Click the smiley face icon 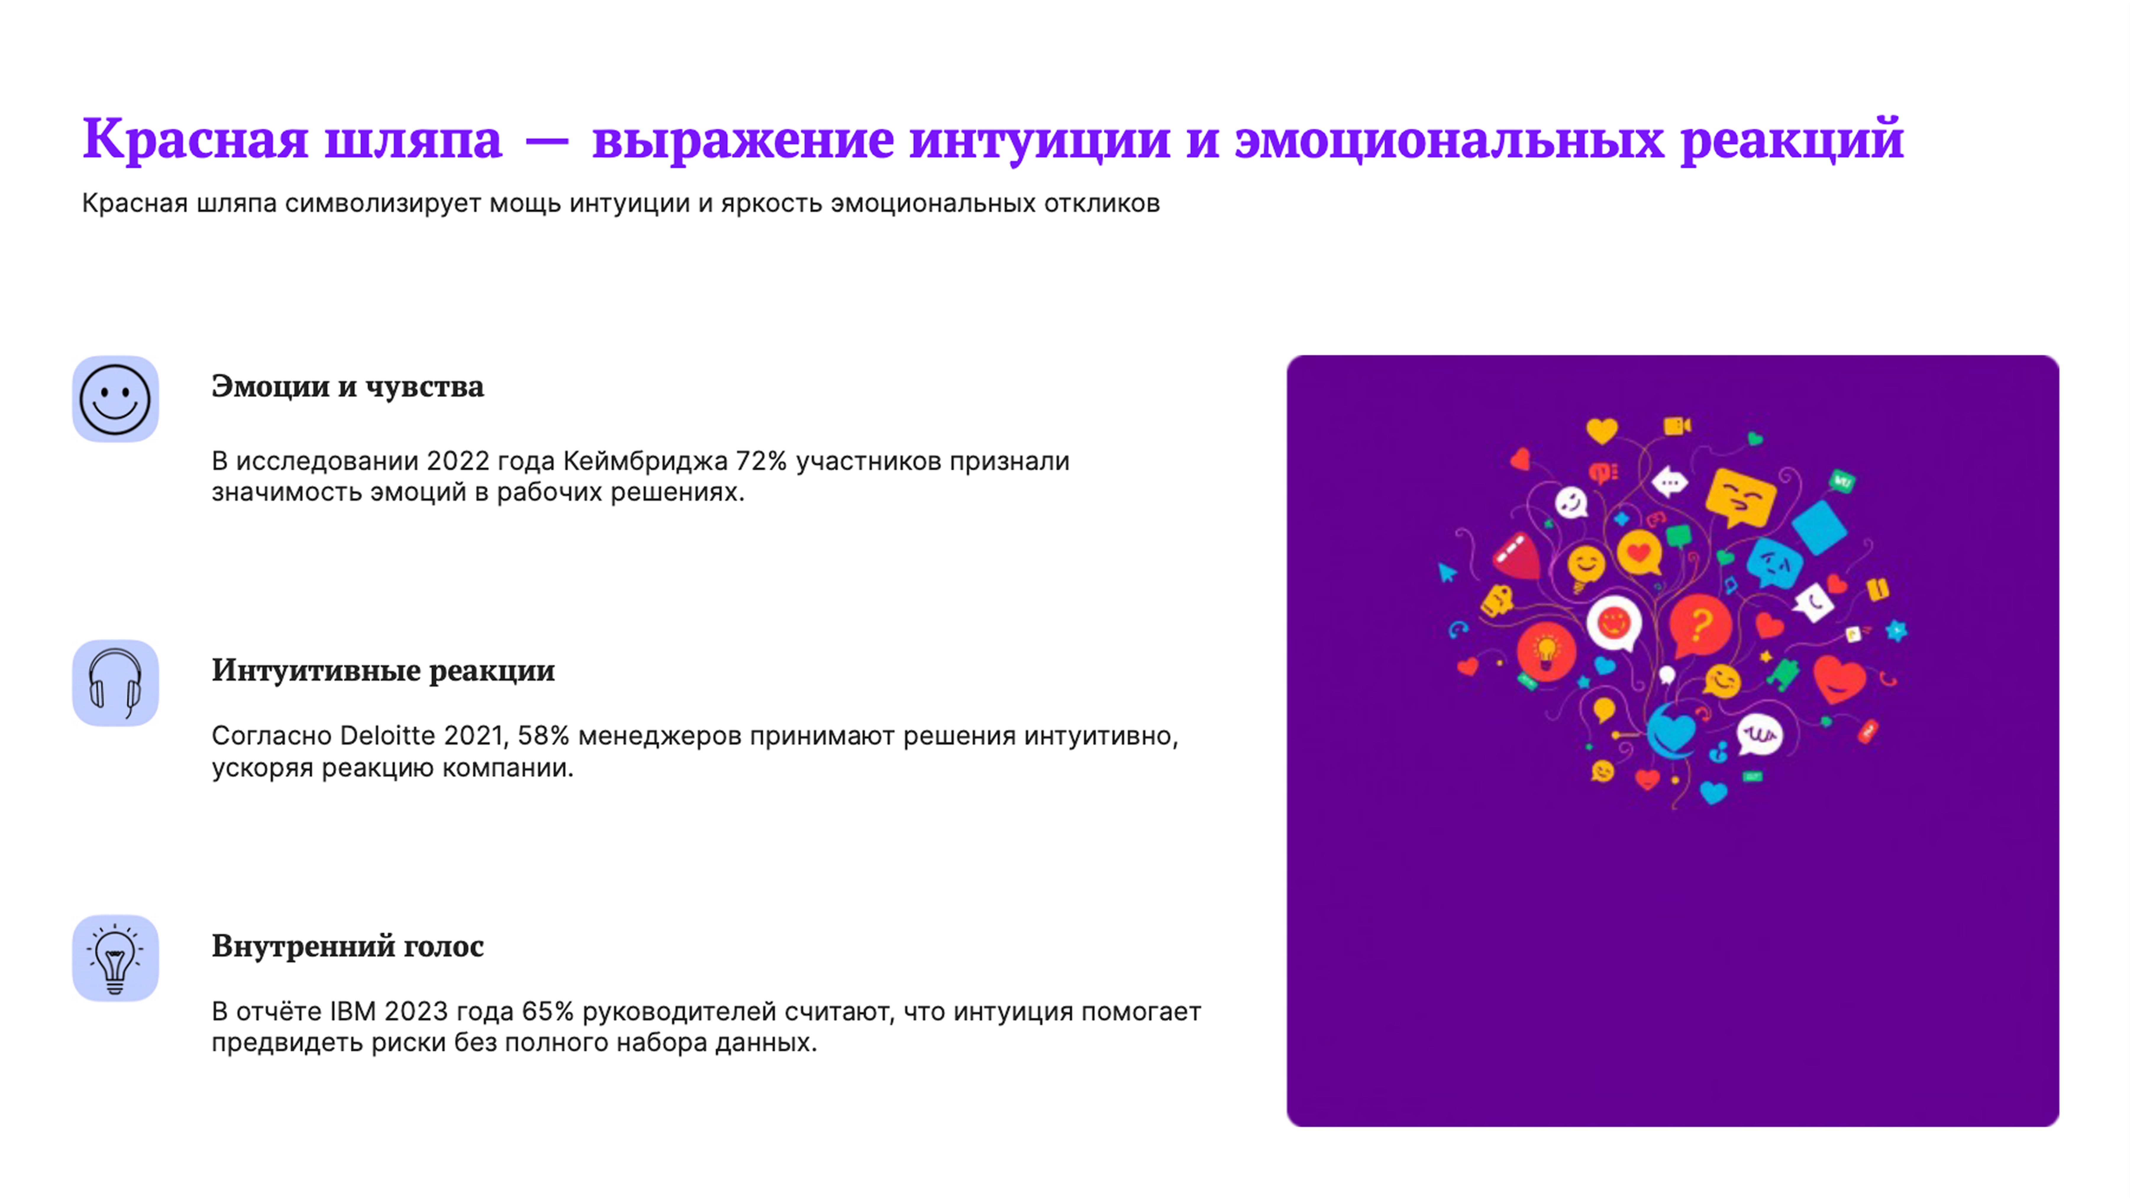coord(115,399)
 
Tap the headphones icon coord(115,683)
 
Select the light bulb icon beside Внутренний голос coord(115,958)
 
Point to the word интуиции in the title coord(1039,139)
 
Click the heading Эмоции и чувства coord(347,386)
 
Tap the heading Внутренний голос coord(347,946)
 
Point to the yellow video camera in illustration coord(1676,426)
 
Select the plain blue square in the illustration coord(1819,527)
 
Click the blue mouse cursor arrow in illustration coord(1447,572)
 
